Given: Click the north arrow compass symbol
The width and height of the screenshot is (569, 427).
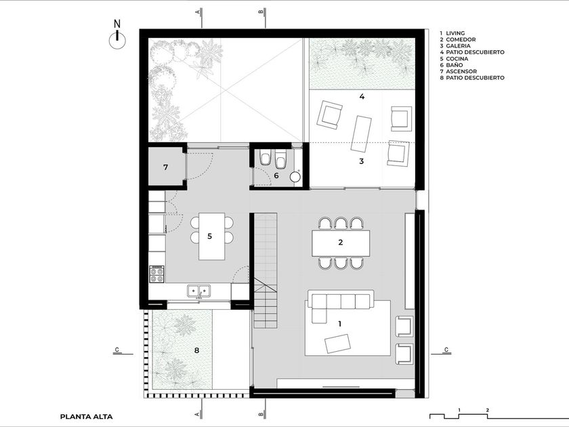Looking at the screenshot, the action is point(118,39).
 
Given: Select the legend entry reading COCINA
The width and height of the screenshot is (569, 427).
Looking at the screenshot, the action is point(457,59).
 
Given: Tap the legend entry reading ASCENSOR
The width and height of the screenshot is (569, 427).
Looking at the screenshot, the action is point(461,72).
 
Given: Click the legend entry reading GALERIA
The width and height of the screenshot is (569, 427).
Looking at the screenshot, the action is point(458,46).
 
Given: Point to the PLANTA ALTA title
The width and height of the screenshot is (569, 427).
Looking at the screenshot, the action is point(87,417).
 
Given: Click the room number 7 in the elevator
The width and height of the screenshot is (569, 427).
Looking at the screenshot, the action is point(165,167).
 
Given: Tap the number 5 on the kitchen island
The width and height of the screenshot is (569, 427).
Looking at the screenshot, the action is point(209,237).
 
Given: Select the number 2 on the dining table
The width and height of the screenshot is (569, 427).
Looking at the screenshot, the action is point(340,242).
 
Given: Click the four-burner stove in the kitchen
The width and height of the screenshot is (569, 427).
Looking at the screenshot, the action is point(157,274).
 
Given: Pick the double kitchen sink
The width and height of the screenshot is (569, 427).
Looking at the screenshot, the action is point(199,291).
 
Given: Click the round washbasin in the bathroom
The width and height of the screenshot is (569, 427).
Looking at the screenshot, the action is point(295,177).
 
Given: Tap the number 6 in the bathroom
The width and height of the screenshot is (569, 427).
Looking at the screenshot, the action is point(276,176).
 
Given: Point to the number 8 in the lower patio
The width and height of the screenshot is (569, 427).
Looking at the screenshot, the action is point(196,350).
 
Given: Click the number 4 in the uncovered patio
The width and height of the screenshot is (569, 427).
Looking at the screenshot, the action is point(362,96).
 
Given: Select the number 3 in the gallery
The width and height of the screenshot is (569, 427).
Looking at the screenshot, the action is point(362,161).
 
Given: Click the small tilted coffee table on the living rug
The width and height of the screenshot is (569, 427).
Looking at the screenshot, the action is point(338,344).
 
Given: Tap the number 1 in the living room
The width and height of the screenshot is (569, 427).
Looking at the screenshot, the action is point(340,323).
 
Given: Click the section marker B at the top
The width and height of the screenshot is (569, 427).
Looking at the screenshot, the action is point(261,12).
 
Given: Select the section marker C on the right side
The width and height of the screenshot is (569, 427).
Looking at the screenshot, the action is point(446,350).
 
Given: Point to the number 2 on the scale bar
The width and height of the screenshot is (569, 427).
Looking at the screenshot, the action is point(488,410).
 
